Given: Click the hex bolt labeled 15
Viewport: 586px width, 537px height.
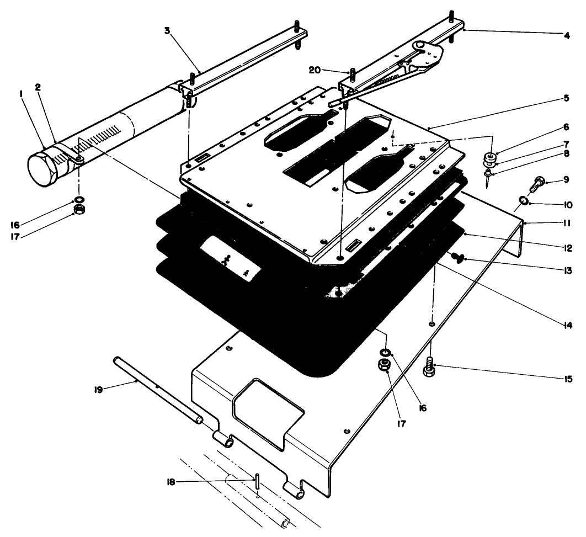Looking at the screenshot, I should [429, 367].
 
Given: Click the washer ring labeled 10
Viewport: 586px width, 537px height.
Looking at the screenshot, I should [522, 200].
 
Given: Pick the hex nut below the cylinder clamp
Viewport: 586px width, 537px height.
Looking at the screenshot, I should [78, 210].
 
